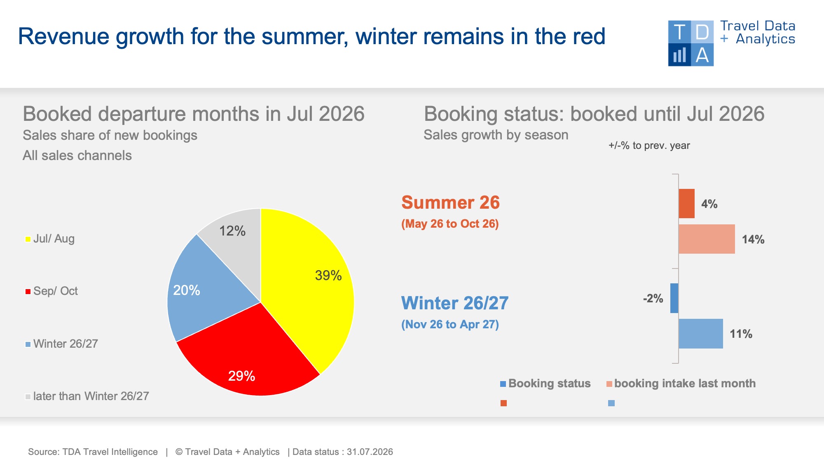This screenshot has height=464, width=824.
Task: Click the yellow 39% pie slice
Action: (309, 285)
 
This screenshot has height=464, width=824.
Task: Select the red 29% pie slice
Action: (247, 355)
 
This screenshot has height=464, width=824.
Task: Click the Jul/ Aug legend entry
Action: (50, 239)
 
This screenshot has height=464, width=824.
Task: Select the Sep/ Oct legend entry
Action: (51, 291)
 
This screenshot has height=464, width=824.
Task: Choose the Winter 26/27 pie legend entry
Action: (62, 344)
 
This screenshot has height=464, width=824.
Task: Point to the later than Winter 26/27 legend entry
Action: (87, 396)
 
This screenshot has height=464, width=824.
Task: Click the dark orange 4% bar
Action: (686, 204)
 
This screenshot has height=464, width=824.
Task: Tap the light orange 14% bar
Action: (707, 239)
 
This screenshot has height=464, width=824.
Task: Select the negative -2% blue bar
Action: (674, 298)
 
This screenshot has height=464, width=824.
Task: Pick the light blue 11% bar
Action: (701, 334)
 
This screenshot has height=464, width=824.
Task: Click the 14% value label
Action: (753, 240)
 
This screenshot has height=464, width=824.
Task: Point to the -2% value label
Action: (653, 299)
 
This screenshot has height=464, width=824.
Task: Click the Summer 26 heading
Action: (450, 203)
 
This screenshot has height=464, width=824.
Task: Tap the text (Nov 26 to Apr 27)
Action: (450, 325)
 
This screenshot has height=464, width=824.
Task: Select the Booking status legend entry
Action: (545, 384)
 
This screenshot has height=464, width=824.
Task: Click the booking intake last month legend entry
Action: (681, 384)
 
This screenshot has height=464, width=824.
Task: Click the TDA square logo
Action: (691, 43)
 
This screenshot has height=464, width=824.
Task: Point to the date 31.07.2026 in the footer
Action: (370, 452)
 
